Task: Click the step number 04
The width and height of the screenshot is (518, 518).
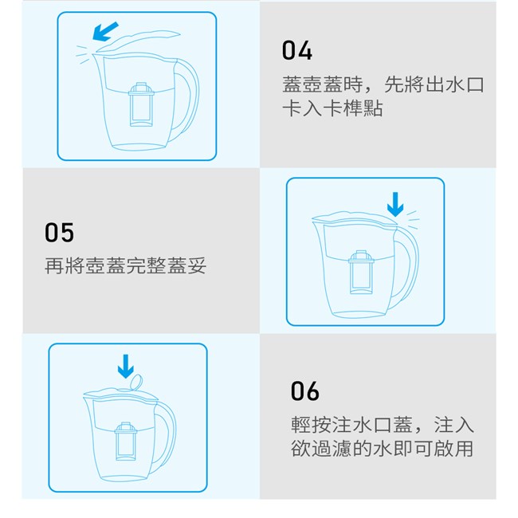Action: tap(297, 50)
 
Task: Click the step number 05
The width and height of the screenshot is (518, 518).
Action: tap(60, 233)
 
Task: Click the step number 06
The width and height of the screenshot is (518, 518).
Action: tap(305, 391)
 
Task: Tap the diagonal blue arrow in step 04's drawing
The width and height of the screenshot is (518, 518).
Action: tap(105, 32)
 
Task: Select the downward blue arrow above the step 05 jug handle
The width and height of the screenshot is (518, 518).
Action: tap(395, 204)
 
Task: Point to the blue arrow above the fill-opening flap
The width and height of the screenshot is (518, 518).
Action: tap(126, 367)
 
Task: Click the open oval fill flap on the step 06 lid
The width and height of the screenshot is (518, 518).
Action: tap(136, 383)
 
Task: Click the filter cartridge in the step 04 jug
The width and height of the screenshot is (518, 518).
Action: tap(141, 104)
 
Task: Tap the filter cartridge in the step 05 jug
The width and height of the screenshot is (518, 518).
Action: tap(362, 273)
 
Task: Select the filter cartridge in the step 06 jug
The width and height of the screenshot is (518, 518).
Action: tap(126, 441)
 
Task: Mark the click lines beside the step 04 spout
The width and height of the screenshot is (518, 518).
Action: tap(83, 54)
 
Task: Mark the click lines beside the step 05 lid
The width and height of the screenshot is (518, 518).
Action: tap(413, 219)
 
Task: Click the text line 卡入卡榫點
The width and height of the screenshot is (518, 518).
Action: tap(332, 108)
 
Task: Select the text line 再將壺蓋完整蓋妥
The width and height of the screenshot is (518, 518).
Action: tap(126, 265)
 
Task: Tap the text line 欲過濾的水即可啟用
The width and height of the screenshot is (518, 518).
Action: tap(383, 449)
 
